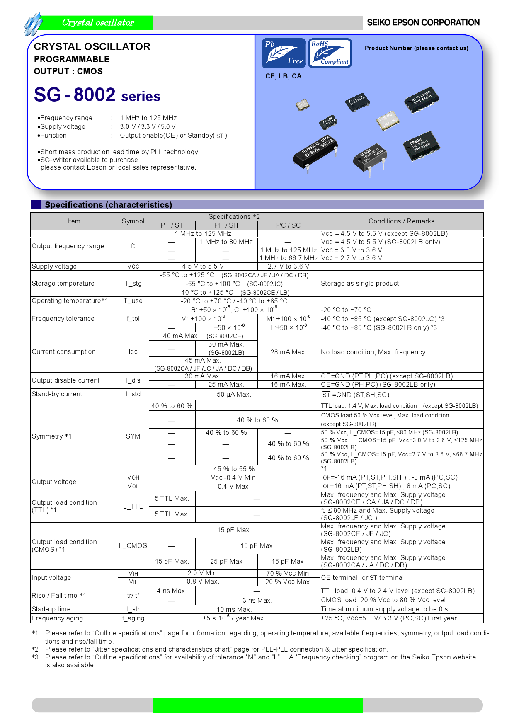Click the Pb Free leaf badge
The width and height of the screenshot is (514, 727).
pos(284,53)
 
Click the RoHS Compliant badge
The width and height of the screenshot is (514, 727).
pos(330,53)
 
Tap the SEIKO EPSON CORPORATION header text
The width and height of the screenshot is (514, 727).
pos(423,23)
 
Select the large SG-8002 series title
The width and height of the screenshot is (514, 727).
pos(97,95)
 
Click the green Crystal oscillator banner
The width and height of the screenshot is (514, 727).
pos(98,23)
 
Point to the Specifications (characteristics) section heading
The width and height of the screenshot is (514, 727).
pos(108,205)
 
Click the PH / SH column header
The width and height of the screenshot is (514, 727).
pos(226,225)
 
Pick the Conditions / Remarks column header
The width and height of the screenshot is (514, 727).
pos(401,221)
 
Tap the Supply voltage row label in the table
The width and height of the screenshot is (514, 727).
pos(54,267)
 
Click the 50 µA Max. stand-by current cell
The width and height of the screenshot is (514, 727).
pos(234,395)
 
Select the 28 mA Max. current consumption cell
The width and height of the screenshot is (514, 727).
pos(289,352)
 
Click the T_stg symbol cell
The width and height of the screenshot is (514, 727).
pos(133,284)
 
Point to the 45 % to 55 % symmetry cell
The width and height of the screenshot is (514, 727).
pos(234,469)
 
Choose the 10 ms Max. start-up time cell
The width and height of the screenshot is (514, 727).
pos(234,609)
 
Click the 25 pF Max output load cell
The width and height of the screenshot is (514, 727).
pos(226,562)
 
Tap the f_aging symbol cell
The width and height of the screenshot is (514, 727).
pos(133,618)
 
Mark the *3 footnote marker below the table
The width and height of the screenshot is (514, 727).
pos(35,657)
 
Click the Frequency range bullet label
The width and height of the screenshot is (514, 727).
pos(66,118)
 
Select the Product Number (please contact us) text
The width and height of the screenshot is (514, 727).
pos(416,48)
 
